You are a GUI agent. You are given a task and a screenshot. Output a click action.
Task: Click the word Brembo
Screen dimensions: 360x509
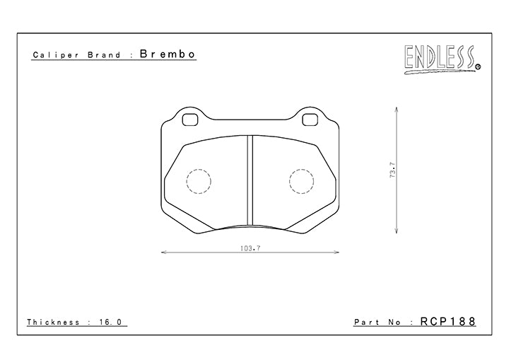pyautogui.click(x=167, y=54)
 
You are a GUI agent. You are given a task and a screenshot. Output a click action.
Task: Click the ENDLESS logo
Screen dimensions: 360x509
pyautogui.click(x=439, y=58)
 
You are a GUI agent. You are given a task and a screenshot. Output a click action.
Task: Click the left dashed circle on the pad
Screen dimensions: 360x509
pyautogui.click(x=198, y=181)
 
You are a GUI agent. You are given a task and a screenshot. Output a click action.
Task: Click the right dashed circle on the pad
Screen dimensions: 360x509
pyautogui.click(x=301, y=181)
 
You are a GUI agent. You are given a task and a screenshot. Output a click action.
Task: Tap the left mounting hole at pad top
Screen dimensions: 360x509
pyautogui.click(x=189, y=120)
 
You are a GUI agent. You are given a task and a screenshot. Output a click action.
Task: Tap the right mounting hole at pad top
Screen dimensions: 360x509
pyautogui.click(x=310, y=120)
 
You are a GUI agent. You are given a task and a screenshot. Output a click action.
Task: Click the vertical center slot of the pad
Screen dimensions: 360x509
pyautogui.click(x=250, y=180)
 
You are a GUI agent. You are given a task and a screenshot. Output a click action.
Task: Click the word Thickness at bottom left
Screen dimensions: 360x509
pyautogui.click(x=54, y=322)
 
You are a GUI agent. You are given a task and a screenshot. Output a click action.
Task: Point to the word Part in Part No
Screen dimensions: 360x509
pyautogui.click(x=366, y=322)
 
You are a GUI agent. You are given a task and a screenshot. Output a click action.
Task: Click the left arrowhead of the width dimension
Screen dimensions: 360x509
pyautogui.click(x=163, y=251)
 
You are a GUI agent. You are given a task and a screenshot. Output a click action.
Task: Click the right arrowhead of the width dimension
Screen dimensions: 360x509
pyautogui.click(x=338, y=251)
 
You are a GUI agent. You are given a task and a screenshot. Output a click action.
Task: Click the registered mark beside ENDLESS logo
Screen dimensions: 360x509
pyautogui.click(x=479, y=67)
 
